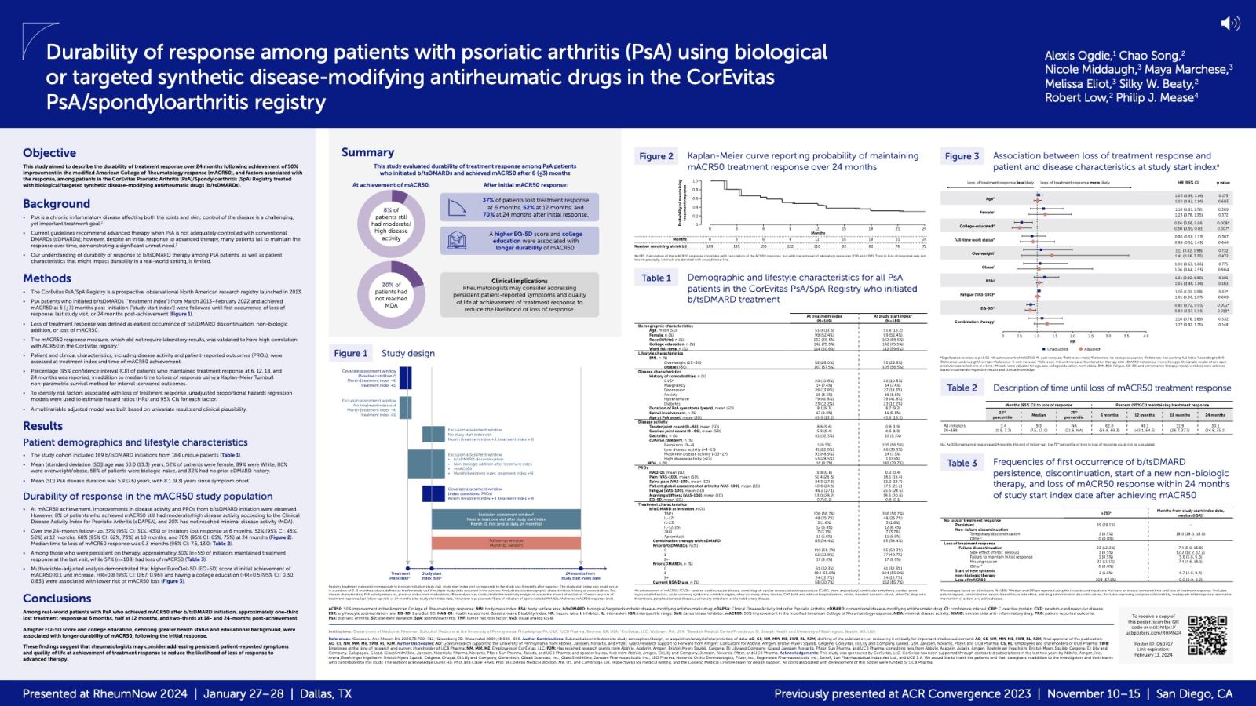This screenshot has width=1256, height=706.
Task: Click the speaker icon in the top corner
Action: point(1230,24)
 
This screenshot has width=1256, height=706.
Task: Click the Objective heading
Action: point(49,153)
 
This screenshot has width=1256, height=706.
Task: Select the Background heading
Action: point(57,204)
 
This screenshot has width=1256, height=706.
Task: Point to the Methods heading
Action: point(47,278)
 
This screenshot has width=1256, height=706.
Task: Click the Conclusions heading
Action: point(57,599)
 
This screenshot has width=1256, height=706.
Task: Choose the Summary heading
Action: point(367,152)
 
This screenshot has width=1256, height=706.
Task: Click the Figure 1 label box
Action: point(350,353)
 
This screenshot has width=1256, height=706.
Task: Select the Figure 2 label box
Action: point(656,156)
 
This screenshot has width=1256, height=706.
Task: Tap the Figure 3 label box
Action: point(962,156)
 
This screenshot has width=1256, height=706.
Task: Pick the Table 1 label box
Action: point(656,278)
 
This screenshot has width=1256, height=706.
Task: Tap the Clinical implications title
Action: point(519,281)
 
